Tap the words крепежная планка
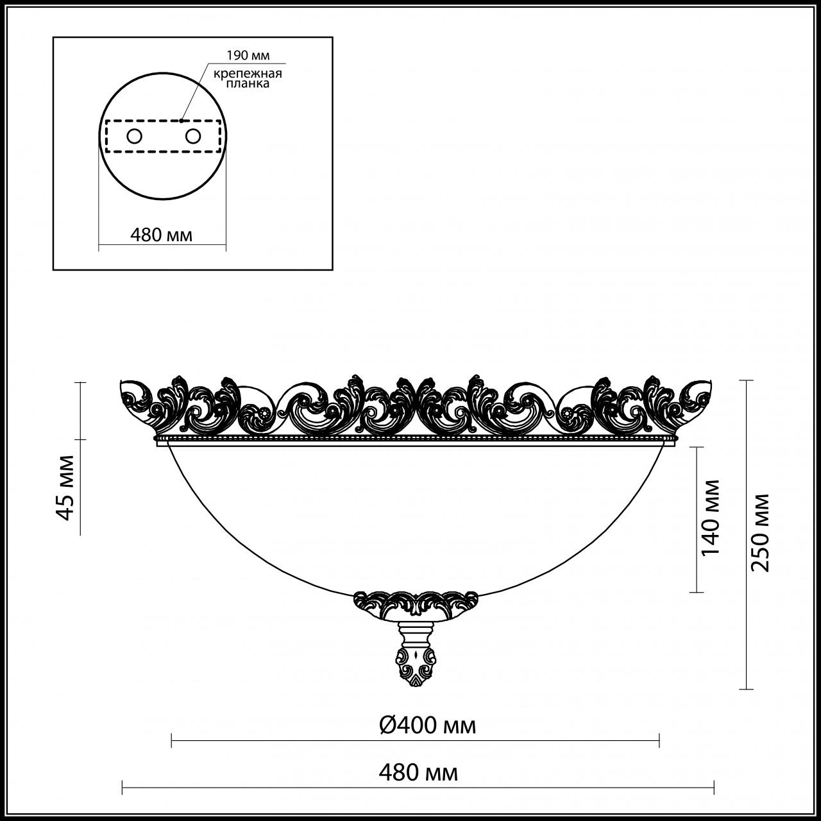coord(248,79)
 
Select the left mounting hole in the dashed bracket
coord(135,136)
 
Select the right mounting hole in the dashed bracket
coord(192,136)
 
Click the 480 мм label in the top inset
coord(162,235)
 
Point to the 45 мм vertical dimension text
coord(65,487)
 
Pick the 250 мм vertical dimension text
coord(761,532)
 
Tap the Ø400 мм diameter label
coord(427,725)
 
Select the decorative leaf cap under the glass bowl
coord(416,606)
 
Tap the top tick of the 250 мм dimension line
coord(745,380)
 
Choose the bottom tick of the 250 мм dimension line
coord(745,690)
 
